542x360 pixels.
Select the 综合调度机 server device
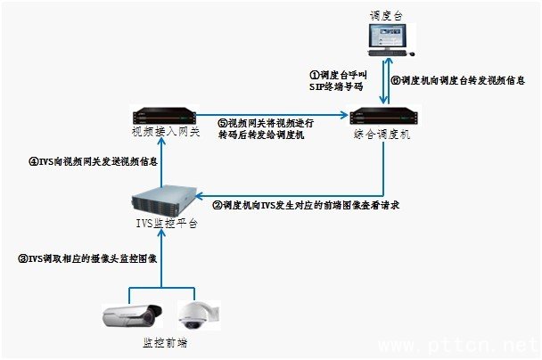point(383,117)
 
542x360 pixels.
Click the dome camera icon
point(194,313)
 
